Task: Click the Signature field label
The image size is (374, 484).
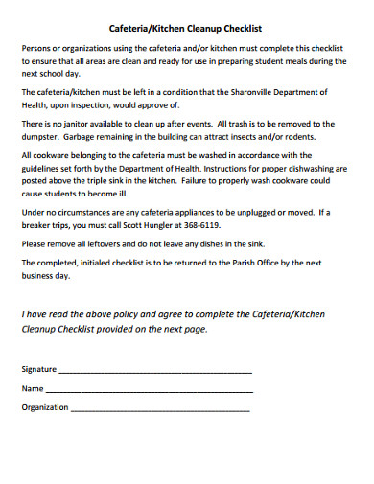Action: pyautogui.click(x=39, y=369)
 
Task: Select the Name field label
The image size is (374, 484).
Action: pyautogui.click(x=33, y=388)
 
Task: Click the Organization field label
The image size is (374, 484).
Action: pyautogui.click(x=45, y=407)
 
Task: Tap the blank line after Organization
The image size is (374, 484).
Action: pyautogui.click(x=160, y=410)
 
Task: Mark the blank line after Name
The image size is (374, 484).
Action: pyautogui.click(x=149, y=391)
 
